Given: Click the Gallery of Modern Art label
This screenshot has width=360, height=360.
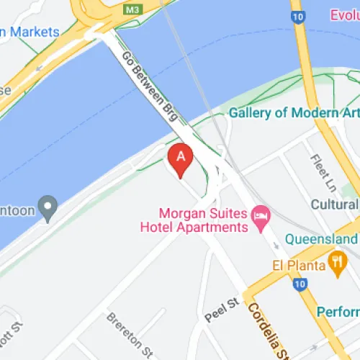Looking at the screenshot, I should [294, 113].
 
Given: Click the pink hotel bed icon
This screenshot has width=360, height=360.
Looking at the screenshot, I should [261, 215].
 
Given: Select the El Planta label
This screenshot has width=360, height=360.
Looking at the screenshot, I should [297, 264].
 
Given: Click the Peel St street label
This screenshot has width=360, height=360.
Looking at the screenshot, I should [221, 308].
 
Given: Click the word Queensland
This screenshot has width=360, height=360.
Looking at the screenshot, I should [321, 238].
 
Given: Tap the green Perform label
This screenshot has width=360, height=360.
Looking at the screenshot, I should [338, 312].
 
